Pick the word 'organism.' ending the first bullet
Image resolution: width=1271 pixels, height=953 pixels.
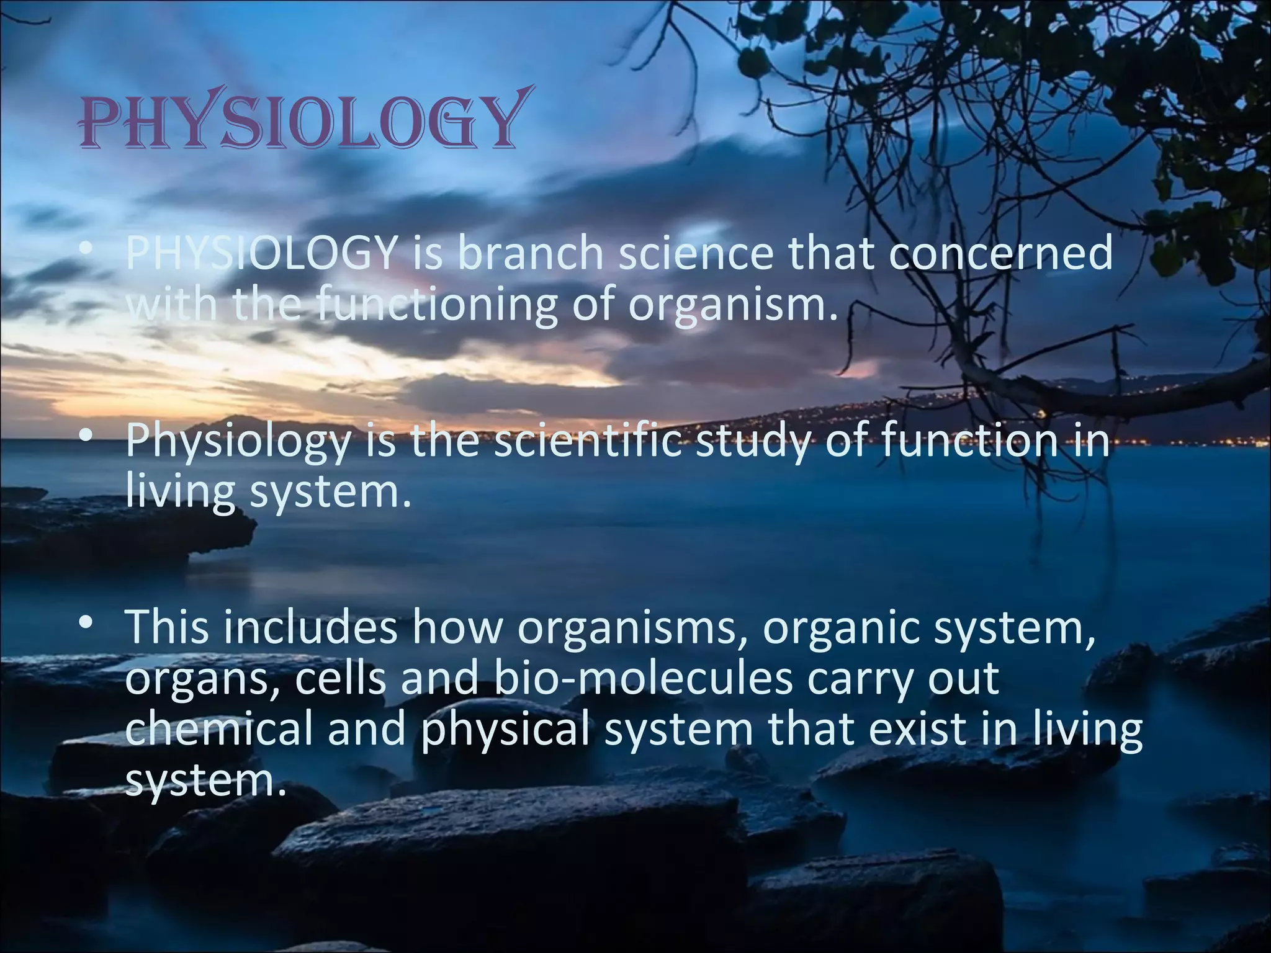pos(729,305)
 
